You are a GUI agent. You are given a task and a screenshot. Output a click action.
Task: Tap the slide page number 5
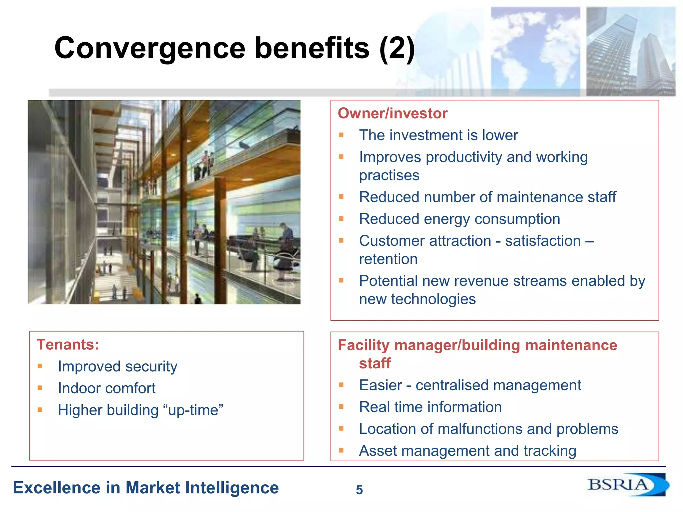[x=359, y=490]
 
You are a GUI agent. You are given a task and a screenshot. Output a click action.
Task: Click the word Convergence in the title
[x=150, y=48]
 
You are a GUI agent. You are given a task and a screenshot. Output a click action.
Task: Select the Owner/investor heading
[x=392, y=113]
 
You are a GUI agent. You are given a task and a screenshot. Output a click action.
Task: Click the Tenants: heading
[x=68, y=344]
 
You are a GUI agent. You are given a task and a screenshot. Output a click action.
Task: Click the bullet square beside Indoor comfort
[x=40, y=388]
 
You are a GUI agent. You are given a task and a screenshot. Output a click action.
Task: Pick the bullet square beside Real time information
[x=341, y=407]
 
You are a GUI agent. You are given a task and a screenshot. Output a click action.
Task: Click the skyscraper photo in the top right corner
[x=630, y=52]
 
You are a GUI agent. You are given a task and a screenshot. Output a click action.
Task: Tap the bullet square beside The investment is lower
[x=341, y=135]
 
